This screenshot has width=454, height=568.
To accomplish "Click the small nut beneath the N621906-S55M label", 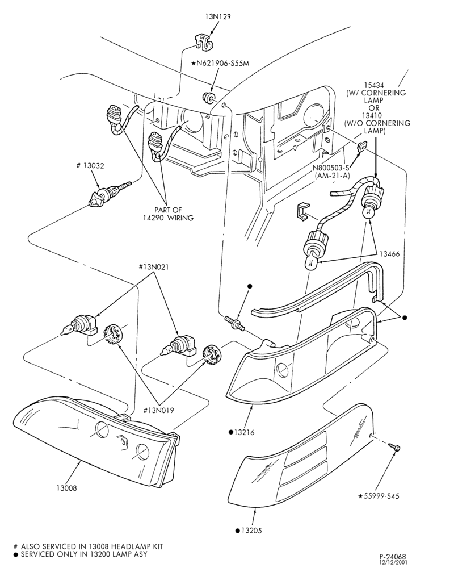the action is (x=208, y=98).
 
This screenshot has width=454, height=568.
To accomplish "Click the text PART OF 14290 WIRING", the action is (x=174, y=214).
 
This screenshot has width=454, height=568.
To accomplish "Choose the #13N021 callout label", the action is (x=154, y=267).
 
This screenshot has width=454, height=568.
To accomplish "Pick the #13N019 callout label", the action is (x=158, y=411).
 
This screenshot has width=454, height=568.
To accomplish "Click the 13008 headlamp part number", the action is (x=66, y=488).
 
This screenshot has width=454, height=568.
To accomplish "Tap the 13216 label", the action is (x=242, y=432).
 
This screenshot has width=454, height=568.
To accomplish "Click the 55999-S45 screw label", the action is (x=379, y=496).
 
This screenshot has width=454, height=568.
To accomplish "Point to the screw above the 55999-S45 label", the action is (x=394, y=446).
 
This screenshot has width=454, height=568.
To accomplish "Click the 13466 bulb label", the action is (x=389, y=253).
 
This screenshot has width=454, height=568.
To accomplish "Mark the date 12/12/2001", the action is (x=393, y=562).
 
